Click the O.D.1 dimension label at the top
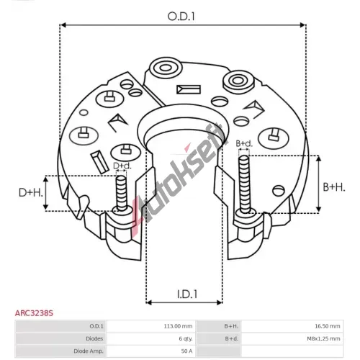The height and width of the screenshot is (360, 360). [181, 17]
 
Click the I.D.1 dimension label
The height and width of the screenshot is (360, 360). [187, 294]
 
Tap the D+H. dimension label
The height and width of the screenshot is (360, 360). [31, 193]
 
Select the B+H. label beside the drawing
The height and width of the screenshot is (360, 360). [334, 187]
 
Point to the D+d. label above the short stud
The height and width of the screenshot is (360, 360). [122, 166]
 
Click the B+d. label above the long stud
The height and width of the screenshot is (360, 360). [244, 143]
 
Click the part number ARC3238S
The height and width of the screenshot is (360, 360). [34, 313]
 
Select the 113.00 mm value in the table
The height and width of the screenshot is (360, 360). [178, 326]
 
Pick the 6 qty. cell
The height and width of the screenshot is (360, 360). [186, 338]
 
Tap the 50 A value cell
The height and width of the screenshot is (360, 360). [186, 351]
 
